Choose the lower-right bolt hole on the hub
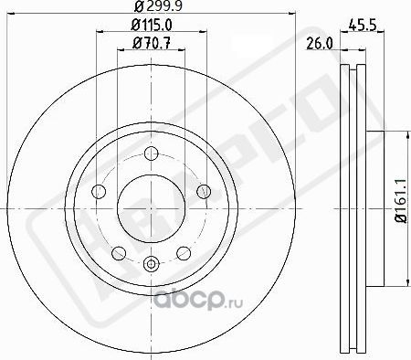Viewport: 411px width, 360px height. (x=183, y=251)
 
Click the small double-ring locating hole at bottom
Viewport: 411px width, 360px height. (x=152, y=267)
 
